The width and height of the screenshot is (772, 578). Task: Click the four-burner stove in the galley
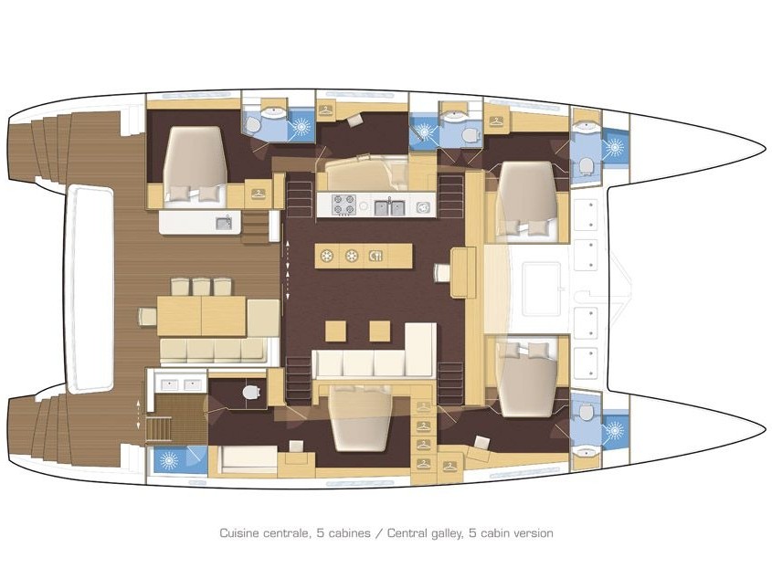tap(344, 205)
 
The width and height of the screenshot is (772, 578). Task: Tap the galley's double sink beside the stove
tap(389, 207)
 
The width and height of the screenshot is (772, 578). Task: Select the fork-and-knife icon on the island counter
tap(375, 256)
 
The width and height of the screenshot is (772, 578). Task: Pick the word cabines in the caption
tap(349, 533)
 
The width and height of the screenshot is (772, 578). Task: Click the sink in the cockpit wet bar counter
tap(224, 223)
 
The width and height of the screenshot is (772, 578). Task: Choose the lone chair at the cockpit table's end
tap(147, 316)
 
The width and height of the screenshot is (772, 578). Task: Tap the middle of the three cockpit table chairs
tap(201, 287)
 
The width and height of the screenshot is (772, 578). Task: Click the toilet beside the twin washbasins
tap(251, 392)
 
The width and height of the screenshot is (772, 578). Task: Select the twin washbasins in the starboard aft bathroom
tap(182, 384)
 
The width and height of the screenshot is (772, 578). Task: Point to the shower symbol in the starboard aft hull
tap(169, 460)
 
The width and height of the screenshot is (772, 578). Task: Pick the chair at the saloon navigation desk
tap(442, 272)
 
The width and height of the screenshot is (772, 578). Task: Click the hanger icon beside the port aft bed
tap(258, 194)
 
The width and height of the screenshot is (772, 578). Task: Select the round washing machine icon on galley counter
tap(423, 207)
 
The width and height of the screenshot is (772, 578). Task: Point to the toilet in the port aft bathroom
tap(252, 124)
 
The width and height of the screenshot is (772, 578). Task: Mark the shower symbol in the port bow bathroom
tap(614, 147)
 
